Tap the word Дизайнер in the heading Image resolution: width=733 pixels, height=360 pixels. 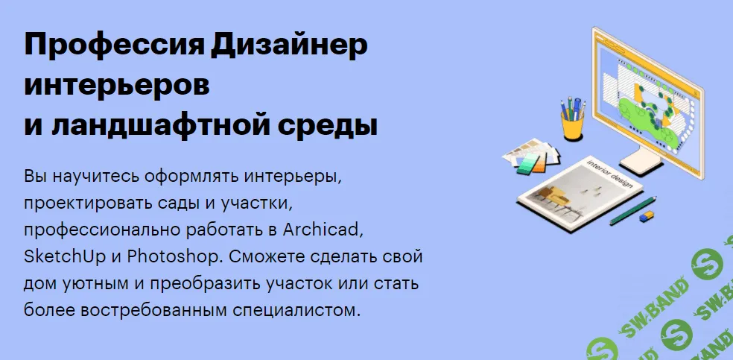coord(289,47)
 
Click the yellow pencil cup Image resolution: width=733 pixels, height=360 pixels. coord(572,125)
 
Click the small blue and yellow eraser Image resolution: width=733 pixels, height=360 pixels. coord(646,217)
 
